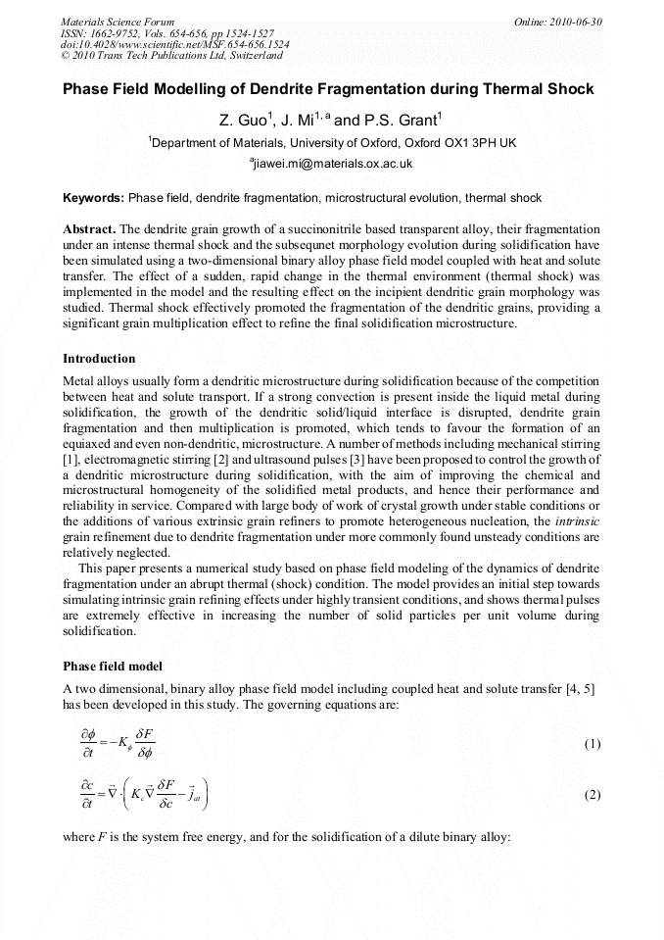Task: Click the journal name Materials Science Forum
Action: pos(118,21)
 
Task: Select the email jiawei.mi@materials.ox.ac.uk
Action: pos(333,164)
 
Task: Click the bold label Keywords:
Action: pos(93,197)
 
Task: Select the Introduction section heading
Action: pos(99,358)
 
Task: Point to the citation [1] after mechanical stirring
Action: pos(69,458)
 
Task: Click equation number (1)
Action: pos(592,744)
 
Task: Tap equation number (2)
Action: pos(592,795)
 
